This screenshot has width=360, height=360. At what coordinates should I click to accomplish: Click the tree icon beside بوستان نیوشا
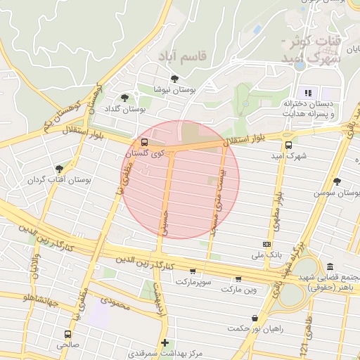click(174, 79)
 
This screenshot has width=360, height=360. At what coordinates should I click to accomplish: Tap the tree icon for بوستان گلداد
click(125, 98)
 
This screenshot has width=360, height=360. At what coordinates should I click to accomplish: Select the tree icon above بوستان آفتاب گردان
click(59, 169)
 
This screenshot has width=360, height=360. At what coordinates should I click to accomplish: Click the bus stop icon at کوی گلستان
click(145, 142)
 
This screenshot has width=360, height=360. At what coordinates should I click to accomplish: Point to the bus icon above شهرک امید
click(289, 146)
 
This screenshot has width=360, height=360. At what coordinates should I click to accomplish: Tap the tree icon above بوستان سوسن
click(337, 181)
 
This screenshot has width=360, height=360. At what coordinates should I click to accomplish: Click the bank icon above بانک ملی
click(264, 243)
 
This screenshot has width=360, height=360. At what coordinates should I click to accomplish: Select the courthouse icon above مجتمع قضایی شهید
click(330, 267)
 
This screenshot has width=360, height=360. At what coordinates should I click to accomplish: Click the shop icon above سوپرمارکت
click(193, 271)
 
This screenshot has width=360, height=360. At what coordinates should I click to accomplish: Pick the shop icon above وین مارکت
click(239, 279)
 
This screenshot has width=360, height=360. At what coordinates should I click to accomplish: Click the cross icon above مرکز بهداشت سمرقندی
click(165, 342)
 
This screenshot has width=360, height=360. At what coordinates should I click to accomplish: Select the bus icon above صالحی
click(67, 335)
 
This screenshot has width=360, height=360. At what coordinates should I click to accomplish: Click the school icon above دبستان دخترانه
click(307, 92)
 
